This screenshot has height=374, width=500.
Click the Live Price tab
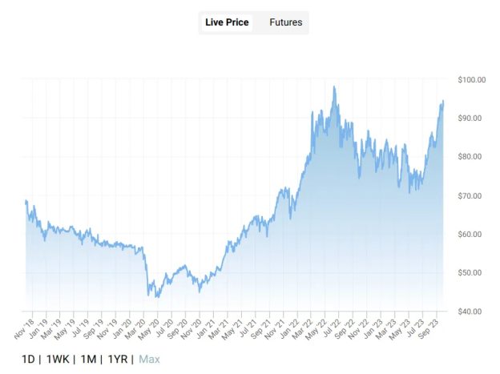point(227,22)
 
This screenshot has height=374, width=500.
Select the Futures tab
point(285,22)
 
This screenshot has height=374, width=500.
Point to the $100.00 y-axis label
point(472,79)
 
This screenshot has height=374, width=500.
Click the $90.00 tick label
point(474,118)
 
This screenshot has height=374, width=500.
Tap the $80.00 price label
point(474,156)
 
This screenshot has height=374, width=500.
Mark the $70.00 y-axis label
point(474,195)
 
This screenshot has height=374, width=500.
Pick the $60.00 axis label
point(474,234)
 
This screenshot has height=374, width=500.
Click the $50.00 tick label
point(474,272)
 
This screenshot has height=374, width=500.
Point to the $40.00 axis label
point(474,311)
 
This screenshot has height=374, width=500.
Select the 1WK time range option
point(59,359)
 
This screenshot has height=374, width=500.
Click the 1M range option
point(89,359)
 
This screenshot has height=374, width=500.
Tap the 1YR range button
point(117,359)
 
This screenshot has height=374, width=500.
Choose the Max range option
point(149,359)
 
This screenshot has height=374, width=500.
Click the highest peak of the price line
point(333,86)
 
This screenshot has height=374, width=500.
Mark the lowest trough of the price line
point(158,297)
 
